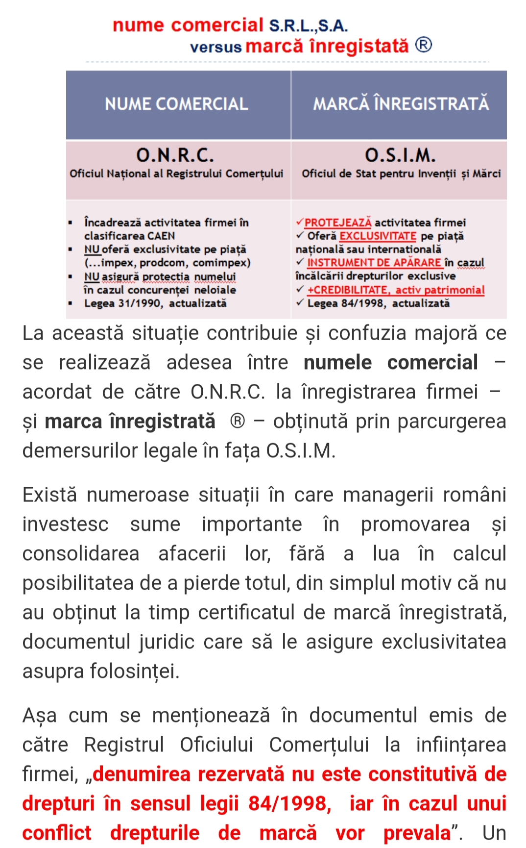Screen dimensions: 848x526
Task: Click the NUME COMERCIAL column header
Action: tap(176, 104)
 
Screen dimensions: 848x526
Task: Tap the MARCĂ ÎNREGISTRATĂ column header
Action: tap(401, 104)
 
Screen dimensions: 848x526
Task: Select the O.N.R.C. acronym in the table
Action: tap(175, 155)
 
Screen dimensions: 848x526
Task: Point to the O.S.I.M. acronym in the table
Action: tap(400, 155)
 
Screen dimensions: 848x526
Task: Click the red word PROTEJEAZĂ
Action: tap(338, 223)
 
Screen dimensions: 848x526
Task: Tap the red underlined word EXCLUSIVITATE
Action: tap(378, 236)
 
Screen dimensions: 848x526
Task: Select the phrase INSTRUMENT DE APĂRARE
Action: tap(374, 263)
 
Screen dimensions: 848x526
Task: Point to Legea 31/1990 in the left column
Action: tap(122, 303)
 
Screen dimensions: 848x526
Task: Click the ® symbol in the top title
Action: tap(424, 45)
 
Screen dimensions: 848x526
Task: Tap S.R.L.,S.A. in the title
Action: tap(309, 25)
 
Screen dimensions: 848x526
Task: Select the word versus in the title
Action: tap(216, 48)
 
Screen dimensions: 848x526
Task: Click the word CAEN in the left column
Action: tap(161, 236)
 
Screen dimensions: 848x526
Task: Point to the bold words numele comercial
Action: tap(390, 363)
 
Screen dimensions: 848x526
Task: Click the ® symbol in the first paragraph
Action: tap(238, 422)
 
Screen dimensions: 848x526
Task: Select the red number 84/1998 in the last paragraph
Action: tap(289, 804)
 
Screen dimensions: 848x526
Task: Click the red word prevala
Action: tap(416, 833)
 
